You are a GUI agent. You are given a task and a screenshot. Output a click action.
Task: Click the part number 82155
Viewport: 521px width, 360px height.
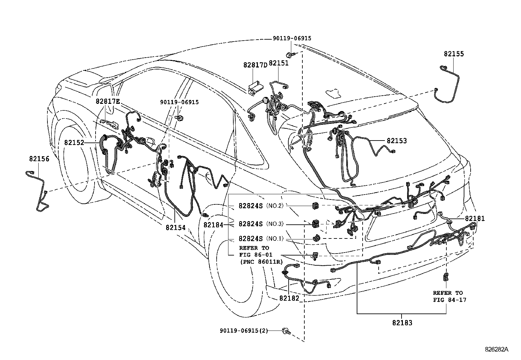coord(454,54)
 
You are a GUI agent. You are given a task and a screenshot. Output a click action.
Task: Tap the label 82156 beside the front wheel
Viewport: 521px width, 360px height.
coord(39,159)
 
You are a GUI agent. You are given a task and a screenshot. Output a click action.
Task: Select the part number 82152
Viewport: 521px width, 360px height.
coord(74,142)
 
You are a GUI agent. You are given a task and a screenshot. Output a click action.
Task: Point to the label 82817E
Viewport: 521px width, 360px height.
coord(108,101)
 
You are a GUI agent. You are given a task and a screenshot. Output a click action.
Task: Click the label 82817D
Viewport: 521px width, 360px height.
coord(255,65)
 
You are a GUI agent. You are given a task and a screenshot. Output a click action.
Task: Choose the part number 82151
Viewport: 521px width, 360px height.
coord(278,63)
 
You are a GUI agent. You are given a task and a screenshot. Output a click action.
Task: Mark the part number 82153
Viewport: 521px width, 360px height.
coord(397,141)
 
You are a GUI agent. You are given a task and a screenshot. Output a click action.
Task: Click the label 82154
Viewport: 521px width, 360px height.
coord(176,228)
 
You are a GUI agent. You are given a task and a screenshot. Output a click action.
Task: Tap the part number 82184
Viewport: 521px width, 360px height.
coord(213,225)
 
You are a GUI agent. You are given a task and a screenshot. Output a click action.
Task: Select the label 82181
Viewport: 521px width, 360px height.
coord(475,218)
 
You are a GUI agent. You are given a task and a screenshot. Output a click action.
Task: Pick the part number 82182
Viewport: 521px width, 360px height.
coord(289,298)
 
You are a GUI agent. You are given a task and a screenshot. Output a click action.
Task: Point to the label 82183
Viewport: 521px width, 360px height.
coord(402,323)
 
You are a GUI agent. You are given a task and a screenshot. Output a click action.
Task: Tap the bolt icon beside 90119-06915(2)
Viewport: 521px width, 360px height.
coord(286,331)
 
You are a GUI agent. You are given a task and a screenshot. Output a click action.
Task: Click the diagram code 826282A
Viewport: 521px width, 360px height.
coord(496,349)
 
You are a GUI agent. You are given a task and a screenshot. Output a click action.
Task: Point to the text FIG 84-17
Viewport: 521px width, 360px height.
coord(450,300)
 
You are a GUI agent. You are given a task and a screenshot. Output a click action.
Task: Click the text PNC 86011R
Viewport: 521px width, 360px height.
coord(261,262)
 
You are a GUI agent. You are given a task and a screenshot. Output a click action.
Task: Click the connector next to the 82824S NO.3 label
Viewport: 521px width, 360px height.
coord(315,224)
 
